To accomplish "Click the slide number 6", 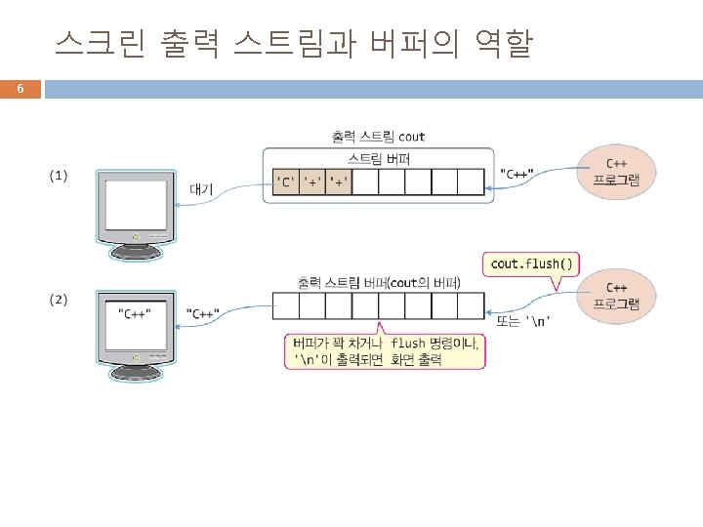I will pos(20,90).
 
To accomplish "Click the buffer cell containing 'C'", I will pos(285,182).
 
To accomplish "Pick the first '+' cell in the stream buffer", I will pos(312,182).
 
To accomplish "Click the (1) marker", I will pos(59,176).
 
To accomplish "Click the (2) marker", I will pos(59,300).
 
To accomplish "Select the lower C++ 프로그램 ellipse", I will pos(617,296).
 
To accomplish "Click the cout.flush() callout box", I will pos(532,263).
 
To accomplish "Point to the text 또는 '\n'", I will pos(524,321).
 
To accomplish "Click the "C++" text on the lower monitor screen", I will pos(135,313).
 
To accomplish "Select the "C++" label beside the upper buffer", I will pos(517,174).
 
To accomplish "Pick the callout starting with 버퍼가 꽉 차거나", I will pos(386,351).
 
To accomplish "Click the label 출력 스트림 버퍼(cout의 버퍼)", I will pos(379,283).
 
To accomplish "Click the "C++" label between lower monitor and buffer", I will pos(203,313).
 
